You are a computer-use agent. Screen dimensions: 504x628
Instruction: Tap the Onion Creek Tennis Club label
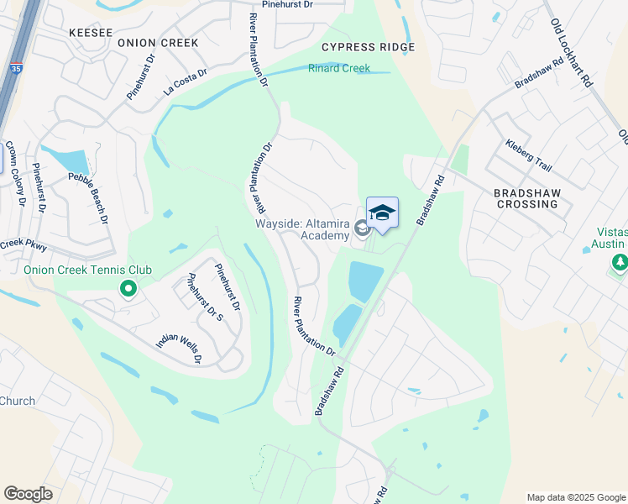click(87, 270)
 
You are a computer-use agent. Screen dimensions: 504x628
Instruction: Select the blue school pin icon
click(382, 213)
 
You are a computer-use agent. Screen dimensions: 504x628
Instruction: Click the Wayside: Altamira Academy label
click(302, 228)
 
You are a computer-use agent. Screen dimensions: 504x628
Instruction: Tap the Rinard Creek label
click(339, 68)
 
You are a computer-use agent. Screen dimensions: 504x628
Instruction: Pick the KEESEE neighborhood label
click(90, 32)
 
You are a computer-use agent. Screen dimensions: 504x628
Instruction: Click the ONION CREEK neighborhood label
click(158, 42)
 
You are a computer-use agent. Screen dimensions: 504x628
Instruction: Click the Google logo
click(29, 494)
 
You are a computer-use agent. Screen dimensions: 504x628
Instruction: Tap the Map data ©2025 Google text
click(575, 497)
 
